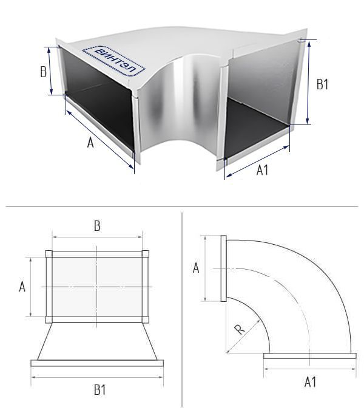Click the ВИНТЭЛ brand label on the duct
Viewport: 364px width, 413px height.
click(113, 61)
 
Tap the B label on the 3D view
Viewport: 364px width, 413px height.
click(44, 72)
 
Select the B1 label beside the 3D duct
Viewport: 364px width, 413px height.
click(322, 84)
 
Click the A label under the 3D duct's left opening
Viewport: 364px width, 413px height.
click(90, 143)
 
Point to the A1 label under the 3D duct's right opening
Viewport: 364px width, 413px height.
click(262, 170)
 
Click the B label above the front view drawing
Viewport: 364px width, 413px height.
click(97, 226)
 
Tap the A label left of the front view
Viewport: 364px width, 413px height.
click(22, 286)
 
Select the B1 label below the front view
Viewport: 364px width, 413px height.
click(100, 390)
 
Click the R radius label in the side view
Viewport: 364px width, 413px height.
click(240, 329)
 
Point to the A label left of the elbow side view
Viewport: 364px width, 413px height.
click(196, 268)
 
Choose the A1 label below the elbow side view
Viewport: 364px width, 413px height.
click(311, 382)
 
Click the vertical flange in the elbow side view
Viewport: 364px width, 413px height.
click(223, 268)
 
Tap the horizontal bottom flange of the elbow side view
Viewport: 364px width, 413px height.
click(310, 356)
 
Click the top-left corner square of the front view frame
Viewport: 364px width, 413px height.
click(49, 254)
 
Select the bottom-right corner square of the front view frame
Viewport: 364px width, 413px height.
click(146, 319)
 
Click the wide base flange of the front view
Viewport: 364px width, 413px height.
click(97, 363)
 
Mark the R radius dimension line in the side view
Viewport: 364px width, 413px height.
click(243, 335)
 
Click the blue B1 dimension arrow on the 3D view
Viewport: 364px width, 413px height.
click(308, 83)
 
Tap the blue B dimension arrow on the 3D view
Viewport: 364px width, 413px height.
click(50, 71)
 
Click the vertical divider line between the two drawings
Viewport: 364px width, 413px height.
click(182, 310)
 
